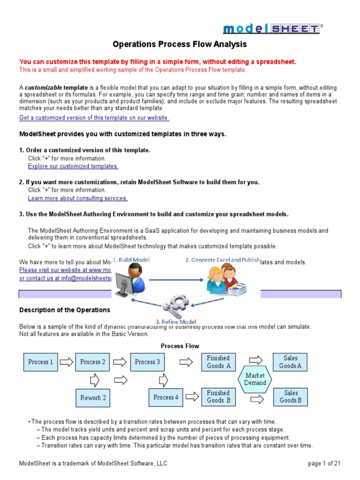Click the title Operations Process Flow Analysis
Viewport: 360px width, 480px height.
180,45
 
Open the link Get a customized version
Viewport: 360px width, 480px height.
94,118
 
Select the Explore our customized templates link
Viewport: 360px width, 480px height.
73,166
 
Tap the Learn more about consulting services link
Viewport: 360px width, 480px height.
78,198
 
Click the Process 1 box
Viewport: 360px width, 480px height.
41,362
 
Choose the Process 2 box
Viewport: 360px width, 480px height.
93,362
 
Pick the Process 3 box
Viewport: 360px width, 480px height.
147,362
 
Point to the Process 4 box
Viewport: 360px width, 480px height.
166,397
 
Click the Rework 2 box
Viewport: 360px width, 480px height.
93,397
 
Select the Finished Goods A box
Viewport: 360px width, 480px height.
218,362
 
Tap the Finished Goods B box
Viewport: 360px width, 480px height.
218,397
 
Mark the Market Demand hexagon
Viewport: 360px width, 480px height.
255,379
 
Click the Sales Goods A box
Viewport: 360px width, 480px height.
291,362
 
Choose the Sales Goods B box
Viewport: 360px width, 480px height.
291,397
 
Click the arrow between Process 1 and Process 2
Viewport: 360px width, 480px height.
67,362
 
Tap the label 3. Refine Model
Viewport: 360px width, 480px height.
176,322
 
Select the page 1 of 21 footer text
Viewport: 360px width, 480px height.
324,464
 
